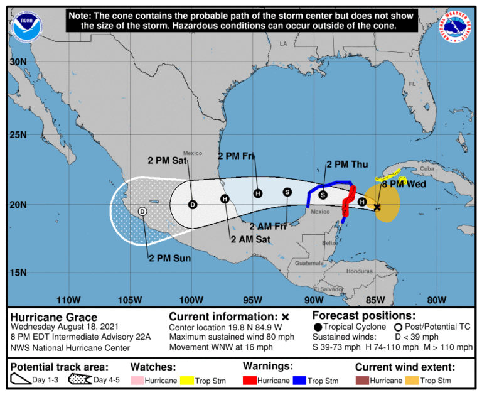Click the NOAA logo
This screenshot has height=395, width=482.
coord(23,22)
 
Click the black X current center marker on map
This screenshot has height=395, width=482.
coord(377,207)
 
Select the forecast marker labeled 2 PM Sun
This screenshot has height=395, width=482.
coord(142,212)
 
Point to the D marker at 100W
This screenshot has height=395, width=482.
coord(193,204)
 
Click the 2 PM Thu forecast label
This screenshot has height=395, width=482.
coord(347,165)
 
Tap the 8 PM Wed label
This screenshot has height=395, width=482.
coord(404,184)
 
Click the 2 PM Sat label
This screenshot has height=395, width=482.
coord(167,160)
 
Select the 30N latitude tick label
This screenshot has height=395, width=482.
coord(18,62)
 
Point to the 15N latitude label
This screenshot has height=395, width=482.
coord(18,273)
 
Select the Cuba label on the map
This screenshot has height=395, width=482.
coord(427,169)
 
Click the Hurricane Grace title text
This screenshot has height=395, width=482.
coord(53,317)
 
